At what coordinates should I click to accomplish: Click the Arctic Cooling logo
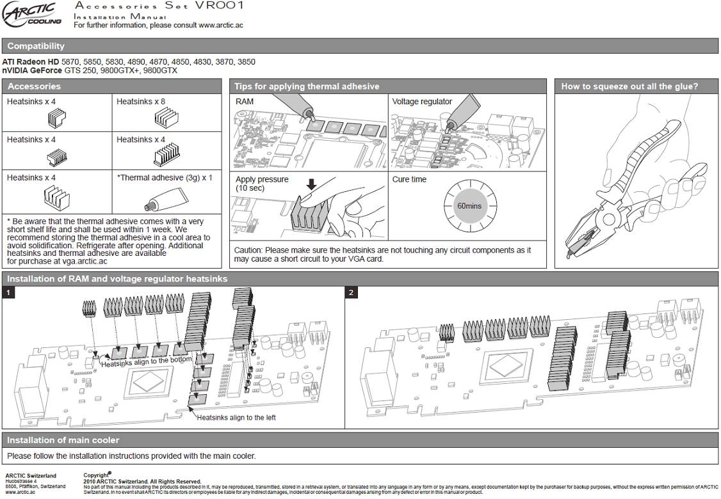(x=33, y=13)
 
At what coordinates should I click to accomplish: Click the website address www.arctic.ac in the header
(x=220, y=26)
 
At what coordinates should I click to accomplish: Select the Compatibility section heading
(x=36, y=46)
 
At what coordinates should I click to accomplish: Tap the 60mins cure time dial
(x=469, y=206)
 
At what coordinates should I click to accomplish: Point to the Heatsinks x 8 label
(x=141, y=101)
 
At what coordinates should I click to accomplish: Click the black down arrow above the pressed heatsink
(x=312, y=185)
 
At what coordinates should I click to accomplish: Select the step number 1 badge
(x=8, y=292)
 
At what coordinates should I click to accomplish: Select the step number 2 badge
(x=351, y=292)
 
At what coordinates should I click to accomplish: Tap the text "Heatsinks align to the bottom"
(x=147, y=361)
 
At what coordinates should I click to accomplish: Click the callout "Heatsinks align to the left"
(x=236, y=418)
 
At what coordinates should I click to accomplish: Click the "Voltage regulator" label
(x=422, y=101)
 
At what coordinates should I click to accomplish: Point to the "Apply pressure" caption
(x=262, y=180)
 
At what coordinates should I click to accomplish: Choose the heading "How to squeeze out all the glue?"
(x=629, y=86)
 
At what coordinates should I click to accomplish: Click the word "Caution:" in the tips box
(x=248, y=250)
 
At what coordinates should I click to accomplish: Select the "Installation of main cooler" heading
(x=63, y=440)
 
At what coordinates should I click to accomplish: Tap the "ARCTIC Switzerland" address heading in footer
(x=31, y=476)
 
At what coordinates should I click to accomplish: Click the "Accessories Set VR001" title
(x=158, y=6)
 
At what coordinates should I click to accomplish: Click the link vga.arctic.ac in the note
(x=81, y=261)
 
